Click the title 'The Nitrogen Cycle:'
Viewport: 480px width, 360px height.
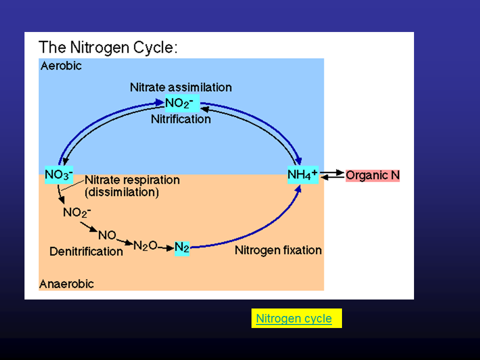108,47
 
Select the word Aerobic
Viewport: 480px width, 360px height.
60,65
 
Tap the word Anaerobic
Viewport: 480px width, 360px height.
66,284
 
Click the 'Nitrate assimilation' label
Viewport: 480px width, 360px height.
181,87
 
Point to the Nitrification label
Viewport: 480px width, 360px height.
181,119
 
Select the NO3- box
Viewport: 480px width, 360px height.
59,175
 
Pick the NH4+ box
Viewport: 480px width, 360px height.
303,175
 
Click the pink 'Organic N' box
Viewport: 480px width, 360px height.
373,175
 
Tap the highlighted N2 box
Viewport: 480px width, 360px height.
182,248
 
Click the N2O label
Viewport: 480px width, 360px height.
145,245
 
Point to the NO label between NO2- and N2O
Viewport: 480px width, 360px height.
107,235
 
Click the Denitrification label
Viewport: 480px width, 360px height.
86,251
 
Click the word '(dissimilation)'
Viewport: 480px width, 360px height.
122,192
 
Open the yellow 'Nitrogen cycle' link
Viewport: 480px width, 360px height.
294,318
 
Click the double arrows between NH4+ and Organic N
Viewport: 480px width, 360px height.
332,175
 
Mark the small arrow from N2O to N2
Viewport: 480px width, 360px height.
166,247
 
